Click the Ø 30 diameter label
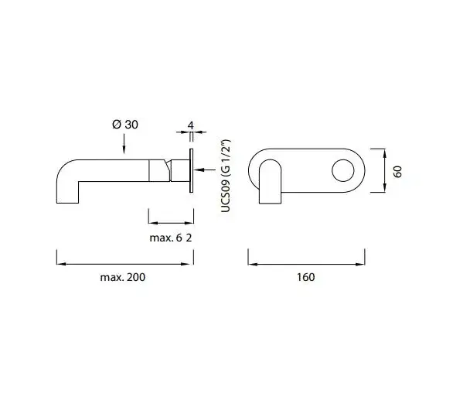tap(125, 125)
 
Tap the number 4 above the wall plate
tap(191, 126)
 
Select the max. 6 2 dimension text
tap(170, 238)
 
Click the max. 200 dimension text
tap(122, 277)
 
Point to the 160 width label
tap(305, 277)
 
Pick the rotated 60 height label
tap(397, 172)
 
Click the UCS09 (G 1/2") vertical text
tap(226, 176)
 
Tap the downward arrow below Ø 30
tap(124, 143)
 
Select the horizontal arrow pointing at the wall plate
tap(206, 170)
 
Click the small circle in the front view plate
tap(343, 170)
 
